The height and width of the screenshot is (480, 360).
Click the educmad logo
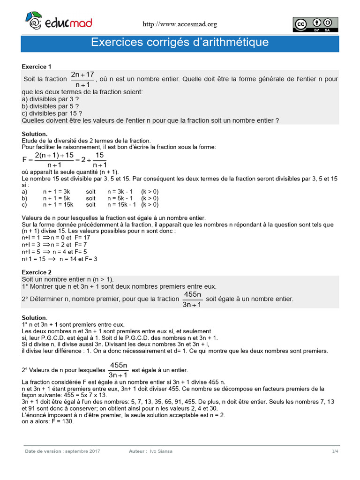(58, 22)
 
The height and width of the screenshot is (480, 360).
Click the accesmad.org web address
(180, 24)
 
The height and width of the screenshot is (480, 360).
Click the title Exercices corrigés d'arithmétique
(180, 42)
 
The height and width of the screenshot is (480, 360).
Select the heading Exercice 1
(37, 67)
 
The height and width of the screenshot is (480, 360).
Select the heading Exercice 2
(37, 272)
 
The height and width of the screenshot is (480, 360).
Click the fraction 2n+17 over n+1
(82, 79)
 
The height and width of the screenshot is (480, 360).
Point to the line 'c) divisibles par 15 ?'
(52, 113)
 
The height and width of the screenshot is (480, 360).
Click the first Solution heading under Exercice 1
(35, 134)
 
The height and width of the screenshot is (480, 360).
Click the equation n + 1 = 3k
(56, 191)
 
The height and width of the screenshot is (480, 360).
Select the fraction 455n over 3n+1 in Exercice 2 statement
(192, 299)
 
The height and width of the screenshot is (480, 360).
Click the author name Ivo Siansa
(161, 451)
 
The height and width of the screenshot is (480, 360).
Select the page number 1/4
(335, 451)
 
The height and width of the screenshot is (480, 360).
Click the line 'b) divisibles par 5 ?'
(50, 106)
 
